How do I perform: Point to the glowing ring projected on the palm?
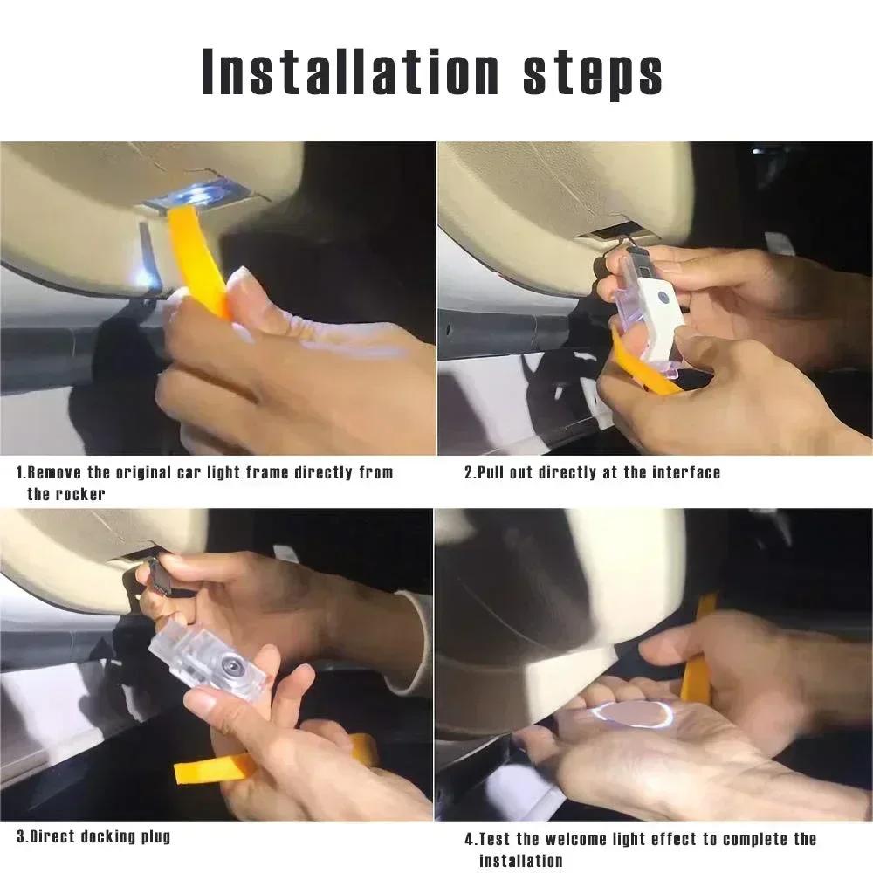631,714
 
